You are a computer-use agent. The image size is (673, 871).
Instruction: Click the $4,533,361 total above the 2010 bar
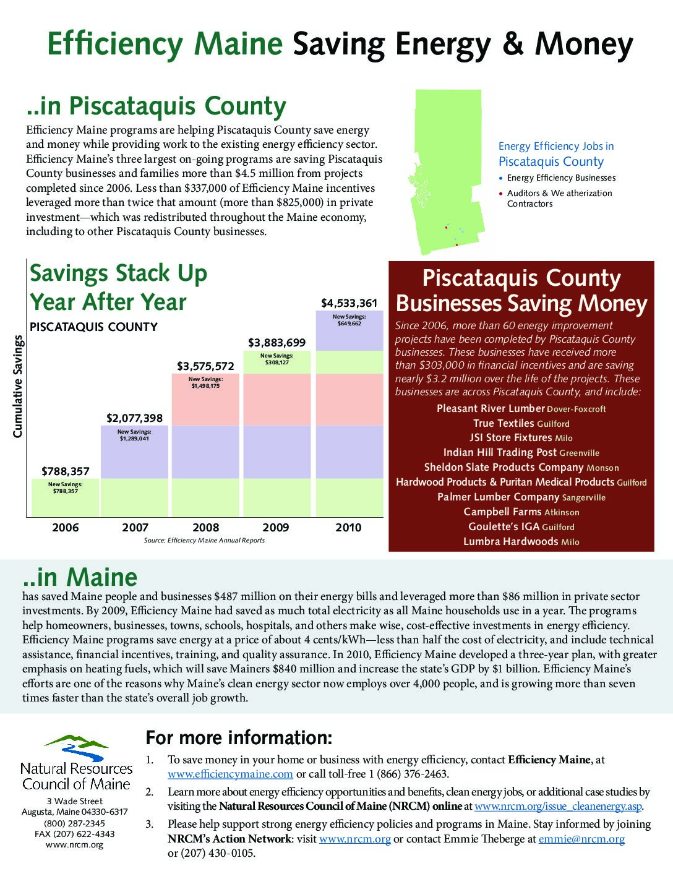(348, 303)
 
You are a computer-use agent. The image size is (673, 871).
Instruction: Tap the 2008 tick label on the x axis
(205, 528)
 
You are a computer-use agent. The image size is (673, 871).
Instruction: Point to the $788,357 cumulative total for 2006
(66, 471)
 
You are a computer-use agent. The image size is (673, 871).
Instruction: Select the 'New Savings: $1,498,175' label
(205, 382)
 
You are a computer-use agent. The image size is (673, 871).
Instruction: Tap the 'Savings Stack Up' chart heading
(119, 273)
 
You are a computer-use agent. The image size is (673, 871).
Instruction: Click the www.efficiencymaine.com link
(230, 774)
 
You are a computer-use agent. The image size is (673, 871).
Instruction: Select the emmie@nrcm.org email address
(581, 839)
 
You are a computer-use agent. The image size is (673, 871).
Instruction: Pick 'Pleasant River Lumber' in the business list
(490, 408)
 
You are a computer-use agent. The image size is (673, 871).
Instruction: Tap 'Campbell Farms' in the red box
(503, 512)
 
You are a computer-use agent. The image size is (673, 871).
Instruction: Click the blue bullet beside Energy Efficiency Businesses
(501, 178)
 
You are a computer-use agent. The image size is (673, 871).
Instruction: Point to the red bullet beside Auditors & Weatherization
(501, 194)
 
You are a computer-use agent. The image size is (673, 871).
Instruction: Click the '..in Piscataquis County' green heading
(156, 106)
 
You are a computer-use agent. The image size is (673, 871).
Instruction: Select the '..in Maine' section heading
(80, 577)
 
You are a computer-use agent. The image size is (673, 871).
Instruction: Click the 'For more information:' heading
(239, 737)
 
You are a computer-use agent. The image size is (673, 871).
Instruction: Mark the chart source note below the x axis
(204, 540)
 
